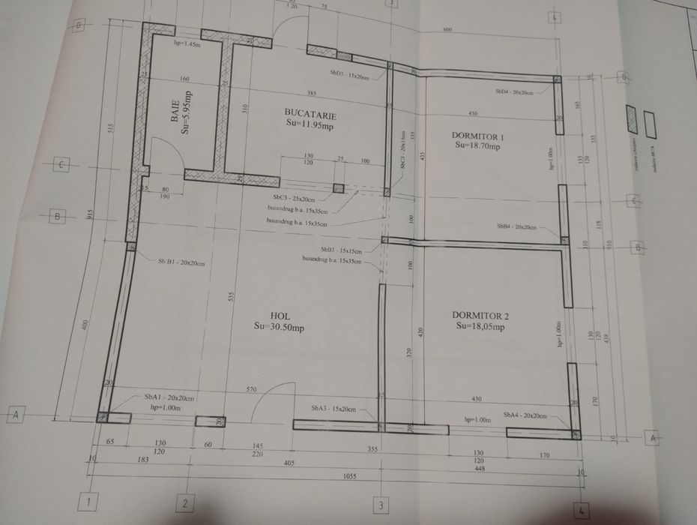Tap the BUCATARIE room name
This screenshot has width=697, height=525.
[310, 115]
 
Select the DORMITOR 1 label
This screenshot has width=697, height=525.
[477, 136]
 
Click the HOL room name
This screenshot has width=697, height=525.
[279, 316]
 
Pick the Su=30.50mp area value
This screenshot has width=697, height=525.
[279, 327]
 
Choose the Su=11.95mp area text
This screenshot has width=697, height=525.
[310, 126]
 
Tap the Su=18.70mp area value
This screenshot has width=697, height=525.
[477, 147]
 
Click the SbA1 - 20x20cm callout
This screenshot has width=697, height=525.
[169, 397]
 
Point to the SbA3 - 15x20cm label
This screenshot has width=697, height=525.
[333, 409]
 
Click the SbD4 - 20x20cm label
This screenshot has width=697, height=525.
[514, 91]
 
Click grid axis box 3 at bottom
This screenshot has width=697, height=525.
[381, 505]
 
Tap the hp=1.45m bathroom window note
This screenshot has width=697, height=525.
[187, 43]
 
